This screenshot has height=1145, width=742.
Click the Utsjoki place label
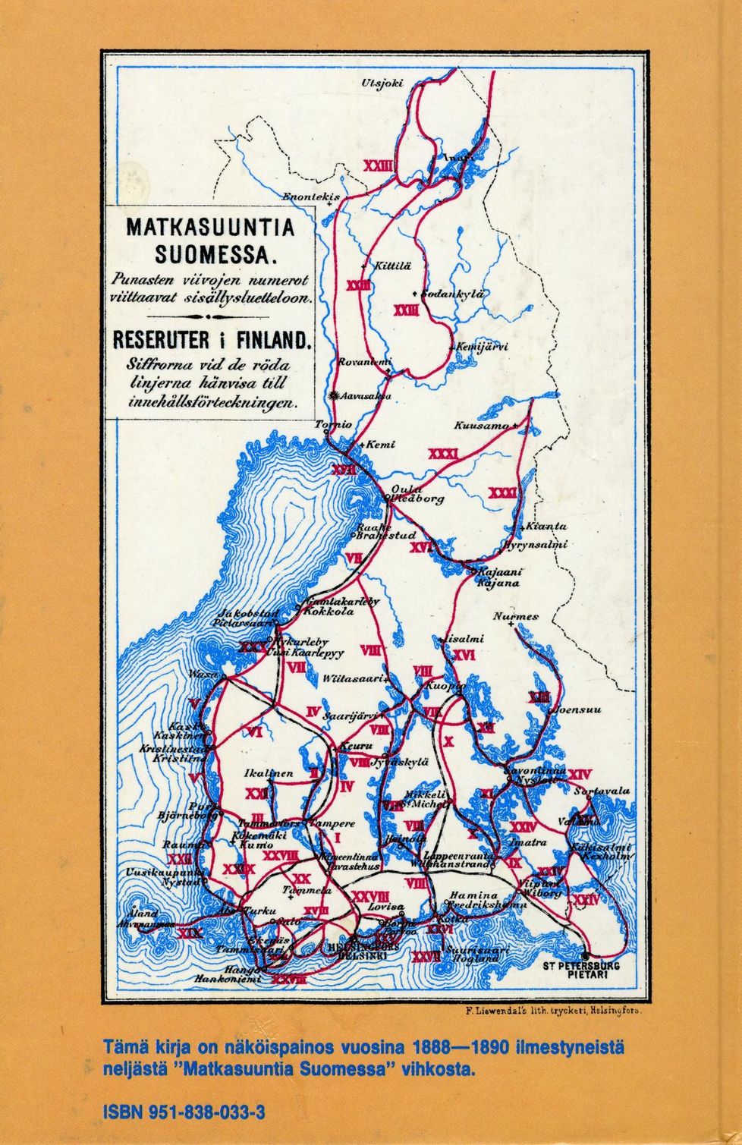coord(383,83)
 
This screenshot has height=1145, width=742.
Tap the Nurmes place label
coord(515,617)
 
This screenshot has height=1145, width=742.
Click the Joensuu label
coord(579,711)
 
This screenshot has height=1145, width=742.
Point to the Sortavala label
coord(602,791)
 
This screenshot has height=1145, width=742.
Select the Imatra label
coord(527,842)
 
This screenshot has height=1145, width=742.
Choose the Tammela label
coord(307,890)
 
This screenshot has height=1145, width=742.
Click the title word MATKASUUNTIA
coord(209,228)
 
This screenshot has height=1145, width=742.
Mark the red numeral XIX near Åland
coord(189,933)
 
